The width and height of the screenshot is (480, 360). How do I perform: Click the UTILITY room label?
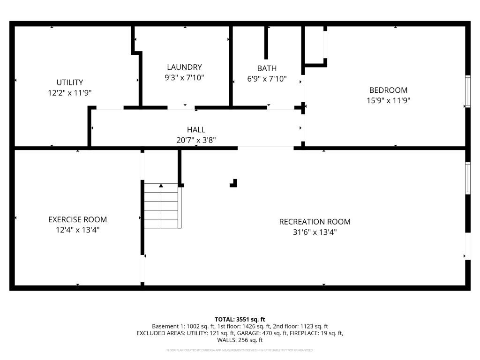(69, 82)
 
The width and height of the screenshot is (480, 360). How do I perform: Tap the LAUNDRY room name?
(184, 67)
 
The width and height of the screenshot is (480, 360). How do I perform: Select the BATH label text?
(267, 68)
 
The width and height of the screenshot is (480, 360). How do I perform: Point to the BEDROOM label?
(388, 90)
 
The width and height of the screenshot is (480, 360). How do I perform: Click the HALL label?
(196, 130)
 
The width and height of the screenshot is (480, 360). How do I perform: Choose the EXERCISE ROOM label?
(77, 219)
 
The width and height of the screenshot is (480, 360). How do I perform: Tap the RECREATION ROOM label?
(315, 222)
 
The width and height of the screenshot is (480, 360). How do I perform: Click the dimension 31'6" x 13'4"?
(315, 232)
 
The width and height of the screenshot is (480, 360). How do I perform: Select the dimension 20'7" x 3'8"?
(196, 140)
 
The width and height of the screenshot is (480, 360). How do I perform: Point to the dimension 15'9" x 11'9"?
(388, 100)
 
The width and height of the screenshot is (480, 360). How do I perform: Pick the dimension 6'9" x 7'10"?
(267, 79)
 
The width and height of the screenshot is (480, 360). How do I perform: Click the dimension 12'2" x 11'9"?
(69, 93)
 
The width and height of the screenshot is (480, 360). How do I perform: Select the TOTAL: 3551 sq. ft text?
(240, 319)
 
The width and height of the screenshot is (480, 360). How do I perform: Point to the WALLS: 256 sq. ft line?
(240, 340)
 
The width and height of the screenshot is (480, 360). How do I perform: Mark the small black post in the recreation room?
(234, 183)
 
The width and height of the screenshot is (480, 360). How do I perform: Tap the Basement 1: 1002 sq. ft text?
(185, 326)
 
